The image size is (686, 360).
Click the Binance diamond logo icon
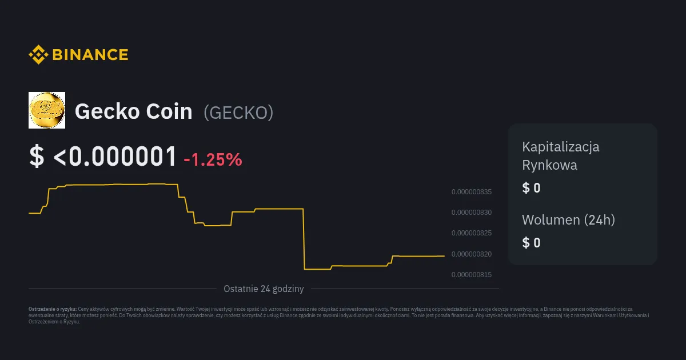click(x=38, y=55)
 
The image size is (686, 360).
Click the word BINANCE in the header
click(x=90, y=55)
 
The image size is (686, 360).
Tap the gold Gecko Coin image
click(x=47, y=110)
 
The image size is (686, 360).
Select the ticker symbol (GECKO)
click(x=238, y=113)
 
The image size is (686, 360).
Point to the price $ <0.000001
click(x=103, y=157)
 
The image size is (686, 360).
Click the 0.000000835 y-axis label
click(x=472, y=192)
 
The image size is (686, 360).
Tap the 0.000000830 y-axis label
click(x=472, y=213)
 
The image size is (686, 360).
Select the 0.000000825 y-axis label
click(x=472, y=233)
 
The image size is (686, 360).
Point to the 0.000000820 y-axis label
click(x=472, y=254)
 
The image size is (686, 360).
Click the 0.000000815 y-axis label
click(x=472, y=275)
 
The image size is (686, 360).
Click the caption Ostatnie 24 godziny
click(x=264, y=289)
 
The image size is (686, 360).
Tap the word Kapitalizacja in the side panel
click(x=561, y=146)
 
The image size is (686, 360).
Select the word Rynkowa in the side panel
click(x=549, y=165)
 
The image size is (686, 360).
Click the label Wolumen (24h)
click(x=568, y=219)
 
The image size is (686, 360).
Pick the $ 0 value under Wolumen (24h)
click(x=531, y=243)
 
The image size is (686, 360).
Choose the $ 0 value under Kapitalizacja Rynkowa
click(x=531, y=188)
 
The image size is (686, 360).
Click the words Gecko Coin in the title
click(x=134, y=111)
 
